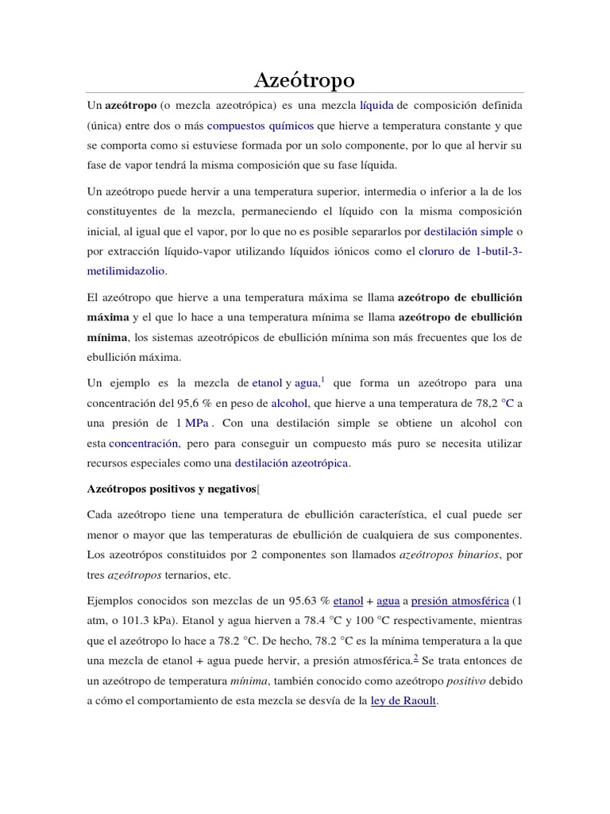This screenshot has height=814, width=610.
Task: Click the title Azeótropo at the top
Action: point(304,79)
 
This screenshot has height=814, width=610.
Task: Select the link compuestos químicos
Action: point(260,125)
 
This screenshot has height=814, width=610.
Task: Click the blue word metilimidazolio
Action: point(127,271)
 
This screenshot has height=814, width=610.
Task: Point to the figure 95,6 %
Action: point(205,381)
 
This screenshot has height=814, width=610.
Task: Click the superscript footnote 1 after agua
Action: point(322,357)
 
